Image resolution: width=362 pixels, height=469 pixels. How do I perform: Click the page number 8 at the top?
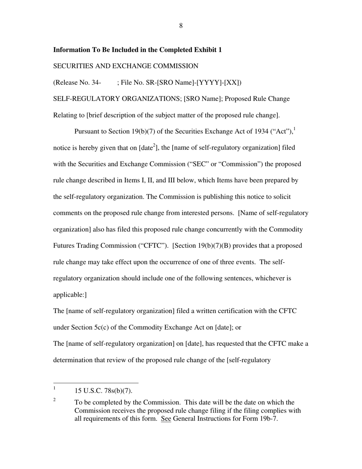(x=181, y=26)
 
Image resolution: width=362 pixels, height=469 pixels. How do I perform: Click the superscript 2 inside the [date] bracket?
(x=154, y=145)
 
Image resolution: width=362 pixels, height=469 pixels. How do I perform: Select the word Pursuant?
(x=88, y=132)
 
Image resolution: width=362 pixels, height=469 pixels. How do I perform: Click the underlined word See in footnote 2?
(x=166, y=419)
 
